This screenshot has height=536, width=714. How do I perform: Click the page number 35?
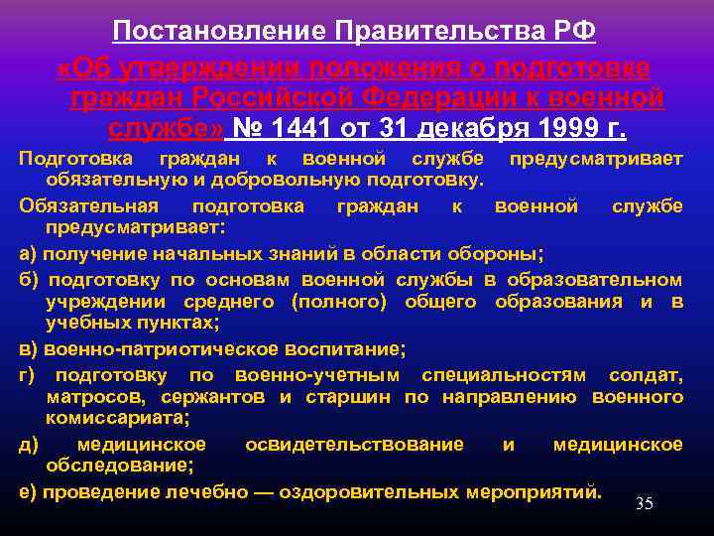point(644,504)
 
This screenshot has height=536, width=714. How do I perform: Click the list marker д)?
point(29,444)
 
